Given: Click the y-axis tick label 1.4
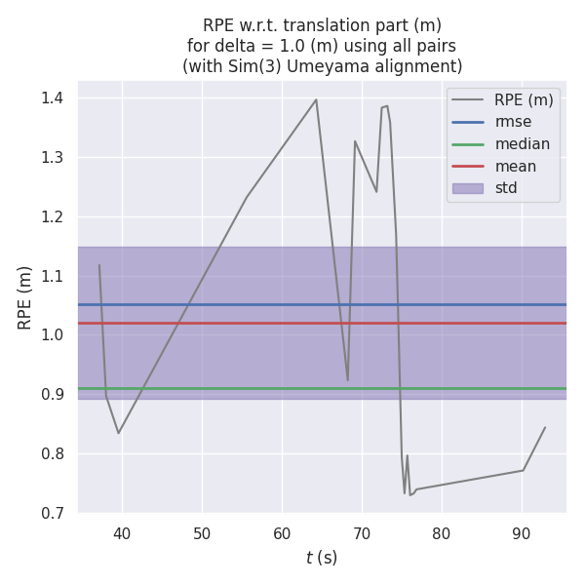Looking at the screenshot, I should point(52,97).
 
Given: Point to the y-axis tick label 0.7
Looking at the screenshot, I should point(52,513).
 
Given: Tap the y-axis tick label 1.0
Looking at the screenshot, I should point(52,334).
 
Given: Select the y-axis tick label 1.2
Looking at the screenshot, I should point(52,216).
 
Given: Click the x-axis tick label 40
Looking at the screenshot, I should point(122,533).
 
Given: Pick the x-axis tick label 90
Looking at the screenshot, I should point(522,533).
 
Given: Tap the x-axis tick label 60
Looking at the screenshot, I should point(282,533).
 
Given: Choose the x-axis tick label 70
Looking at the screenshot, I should point(362,533).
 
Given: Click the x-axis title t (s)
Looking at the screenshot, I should point(322,558).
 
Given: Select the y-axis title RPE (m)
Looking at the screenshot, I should point(25,296).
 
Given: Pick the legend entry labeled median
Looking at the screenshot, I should point(522,144).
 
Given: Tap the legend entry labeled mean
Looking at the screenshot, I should point(515,166).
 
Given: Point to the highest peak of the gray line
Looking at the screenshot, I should point(316,99).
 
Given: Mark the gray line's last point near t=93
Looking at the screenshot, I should point(545,427).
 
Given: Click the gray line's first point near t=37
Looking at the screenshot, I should point(98,265).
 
